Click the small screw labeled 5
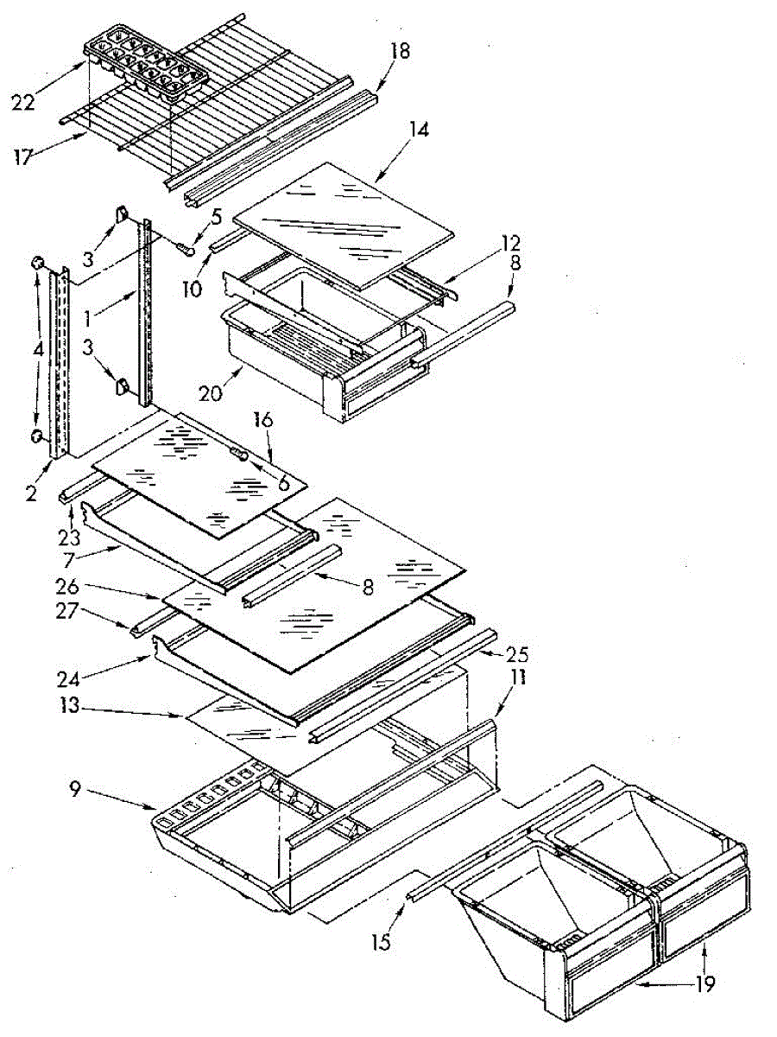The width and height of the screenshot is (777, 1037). tap(184, 247)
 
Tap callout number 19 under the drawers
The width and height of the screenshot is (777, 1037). tap(705, 984)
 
